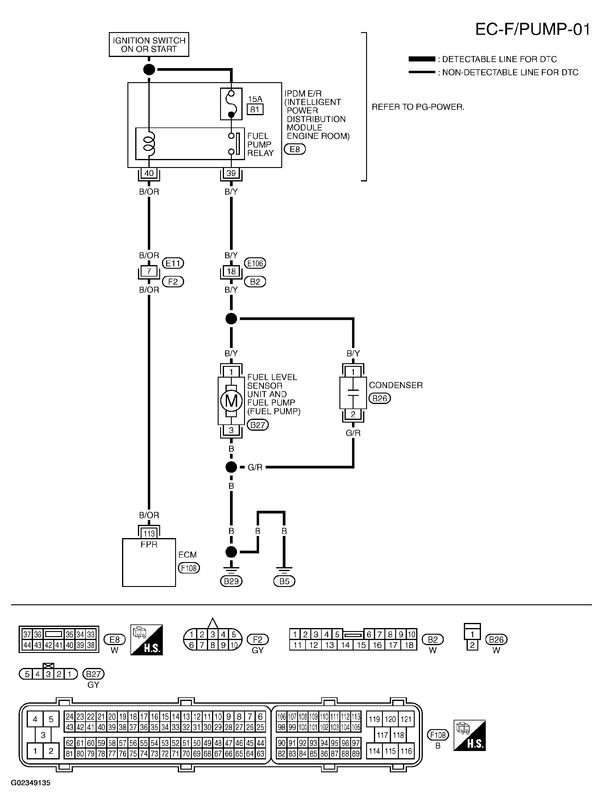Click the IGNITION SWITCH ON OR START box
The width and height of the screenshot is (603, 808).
click(x=149, y=45)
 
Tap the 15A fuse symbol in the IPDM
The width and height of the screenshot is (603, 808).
click(x=231, y=104)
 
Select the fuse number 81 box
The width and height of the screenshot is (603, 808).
click(x=255, y=109)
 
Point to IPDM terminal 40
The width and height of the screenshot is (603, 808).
click(x=149, y=173)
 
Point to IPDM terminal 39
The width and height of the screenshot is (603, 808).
click(x=231, y=173)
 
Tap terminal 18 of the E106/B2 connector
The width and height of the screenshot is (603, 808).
click(x=231, y=271)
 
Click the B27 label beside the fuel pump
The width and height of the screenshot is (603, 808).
click(x=258, y=425)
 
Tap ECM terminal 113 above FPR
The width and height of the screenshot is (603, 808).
click(x=149, y=534)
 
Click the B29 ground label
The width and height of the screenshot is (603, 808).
click(x=231, y=581)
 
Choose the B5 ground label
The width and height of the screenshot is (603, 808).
click(x=284, y=581)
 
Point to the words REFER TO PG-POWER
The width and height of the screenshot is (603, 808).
click(x=418, y=107)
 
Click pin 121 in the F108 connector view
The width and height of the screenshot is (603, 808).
click(x=406, y=719)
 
